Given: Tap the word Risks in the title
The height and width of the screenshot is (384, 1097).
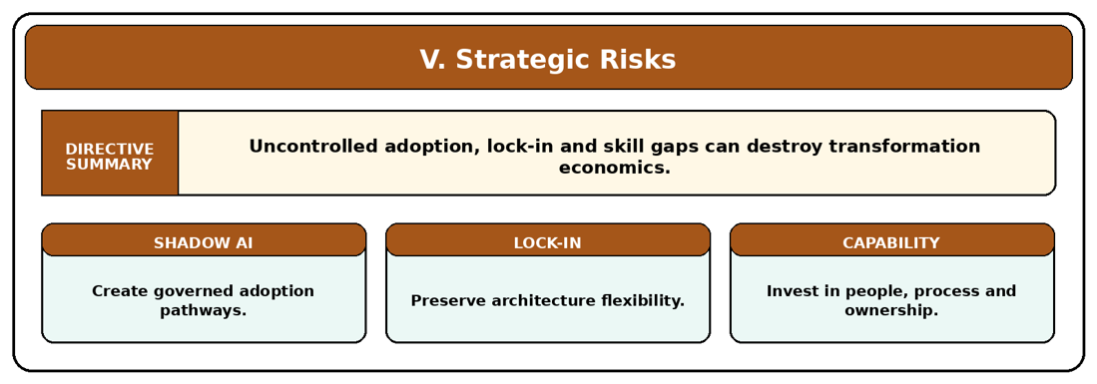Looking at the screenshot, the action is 638,60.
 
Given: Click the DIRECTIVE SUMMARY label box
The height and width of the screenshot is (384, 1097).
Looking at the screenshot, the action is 110,153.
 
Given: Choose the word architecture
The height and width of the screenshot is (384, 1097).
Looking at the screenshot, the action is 538,301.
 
